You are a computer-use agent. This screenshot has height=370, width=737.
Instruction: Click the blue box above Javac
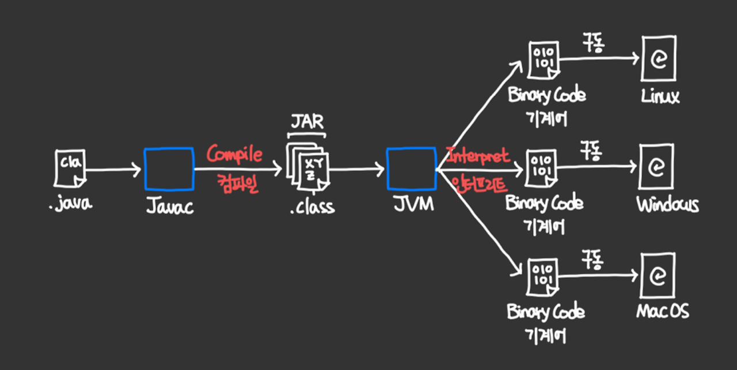pyautogui.click(x=168, y=169)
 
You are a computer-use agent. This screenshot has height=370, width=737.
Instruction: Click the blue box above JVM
pyautogui.click(x=411, y=169)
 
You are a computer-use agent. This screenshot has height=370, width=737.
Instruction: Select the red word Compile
pyautogui.click(x=235, y=154)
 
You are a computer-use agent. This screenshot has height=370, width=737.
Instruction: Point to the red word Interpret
pyautogui.click(x=478, y=155)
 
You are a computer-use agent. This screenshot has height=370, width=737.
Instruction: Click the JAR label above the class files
pyautogui.click(x=306, y=123)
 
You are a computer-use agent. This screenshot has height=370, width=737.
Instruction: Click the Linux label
pyautogui.click(x=660, y=96)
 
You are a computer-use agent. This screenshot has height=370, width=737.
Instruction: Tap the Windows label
pyautogui.click(x=667, y=204)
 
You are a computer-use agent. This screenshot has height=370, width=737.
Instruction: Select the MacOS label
pyautogui.click(x=662, y=311)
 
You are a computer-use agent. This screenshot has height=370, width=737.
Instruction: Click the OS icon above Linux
pyautogui.click(x=658, y=59)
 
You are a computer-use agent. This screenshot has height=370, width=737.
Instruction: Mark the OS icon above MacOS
pyautogui.click(x=657, y=276)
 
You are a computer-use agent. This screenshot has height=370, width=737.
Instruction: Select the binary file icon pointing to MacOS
pyautogui.click(x=541, y=276)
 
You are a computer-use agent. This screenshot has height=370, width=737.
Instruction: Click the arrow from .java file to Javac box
pyautogui.click(x=113, y=169)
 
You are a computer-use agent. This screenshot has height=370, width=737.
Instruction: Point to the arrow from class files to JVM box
pyautogui.click(x=356, y=169)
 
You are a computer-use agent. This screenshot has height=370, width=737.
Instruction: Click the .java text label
pyautogui.click(x=70, y=204)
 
